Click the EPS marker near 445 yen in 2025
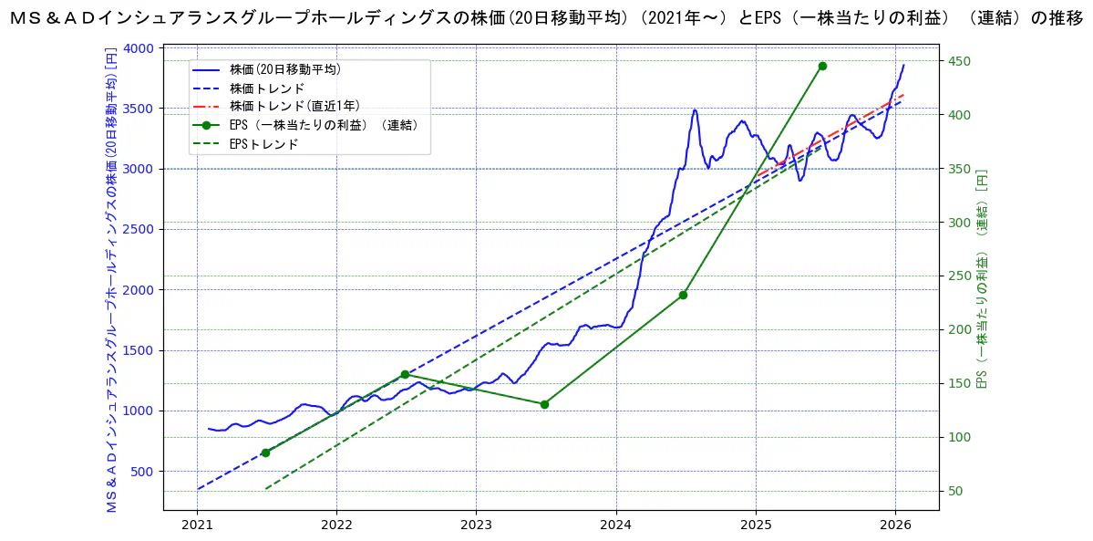[822, 66]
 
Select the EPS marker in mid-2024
[683, 295]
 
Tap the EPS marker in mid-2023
[544, 404]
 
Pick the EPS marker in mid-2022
[405, 374]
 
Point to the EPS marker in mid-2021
[265, 453]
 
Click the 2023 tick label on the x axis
[476, 525]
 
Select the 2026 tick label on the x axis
[894, 525]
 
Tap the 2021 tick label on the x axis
[197, 525]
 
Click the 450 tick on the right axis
[960, 61]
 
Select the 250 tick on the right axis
[960, 276]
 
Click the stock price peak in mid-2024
[695, 110]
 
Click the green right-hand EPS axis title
[983, 278]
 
